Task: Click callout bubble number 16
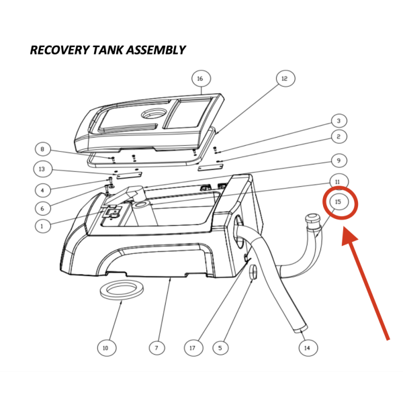point(200,79)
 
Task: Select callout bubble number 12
point(284,79)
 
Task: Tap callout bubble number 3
point(339,121)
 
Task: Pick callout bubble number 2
point(339,136)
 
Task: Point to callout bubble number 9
point(339,161)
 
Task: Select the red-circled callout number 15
point(339,201)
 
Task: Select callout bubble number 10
point(105,348)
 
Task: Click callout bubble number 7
point(156,348)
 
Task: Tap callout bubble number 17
point(193,348)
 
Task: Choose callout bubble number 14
point(307,348)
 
